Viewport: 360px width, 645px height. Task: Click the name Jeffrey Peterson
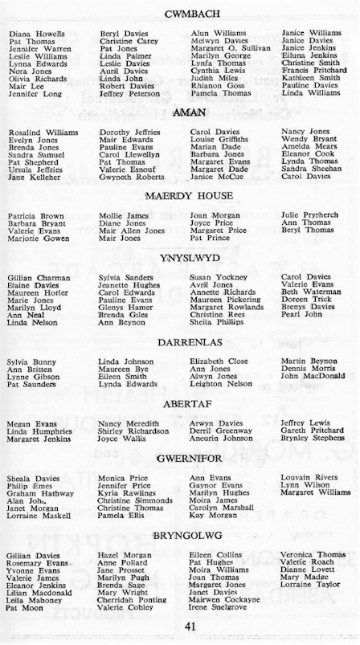(x=131, y=94)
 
